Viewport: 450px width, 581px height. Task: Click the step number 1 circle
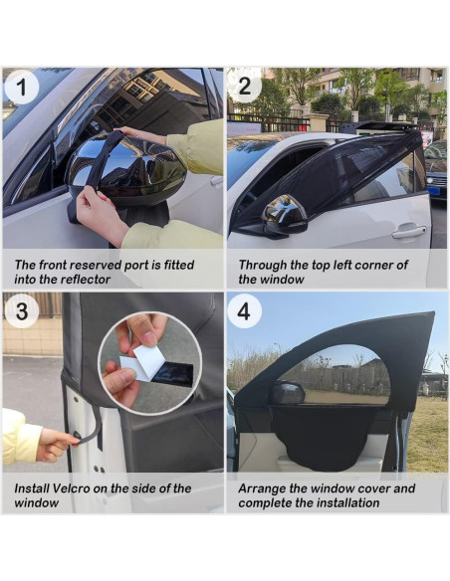tap(22, 88)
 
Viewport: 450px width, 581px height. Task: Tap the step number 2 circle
tap(245, 87)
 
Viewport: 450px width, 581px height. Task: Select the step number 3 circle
tap(22, 310)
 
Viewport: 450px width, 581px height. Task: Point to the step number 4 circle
tap(244, 310)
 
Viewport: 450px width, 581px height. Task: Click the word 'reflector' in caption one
tap(86, 279)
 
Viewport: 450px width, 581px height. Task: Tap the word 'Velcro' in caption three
tap(71, 488)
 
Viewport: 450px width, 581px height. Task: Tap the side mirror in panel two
tap(285, 217)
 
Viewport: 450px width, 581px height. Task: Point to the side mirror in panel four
tap(287, 394)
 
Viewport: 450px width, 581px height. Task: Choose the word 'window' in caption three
tap(36, 502)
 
